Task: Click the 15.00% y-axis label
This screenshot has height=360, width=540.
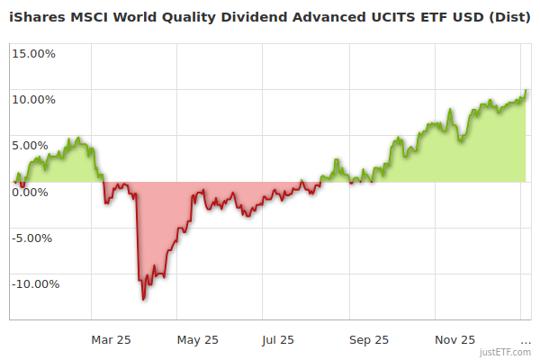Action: coord(33,53)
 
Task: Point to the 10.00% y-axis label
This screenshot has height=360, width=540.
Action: coord(33,99)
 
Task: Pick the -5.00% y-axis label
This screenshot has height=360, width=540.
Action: coord(34,238)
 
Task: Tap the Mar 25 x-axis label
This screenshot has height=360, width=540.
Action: coord(112,339)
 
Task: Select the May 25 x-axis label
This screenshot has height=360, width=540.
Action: coord(198,339)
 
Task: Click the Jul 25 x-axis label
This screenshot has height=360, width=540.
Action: coord(278,339)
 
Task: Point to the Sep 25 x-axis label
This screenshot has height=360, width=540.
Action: coord(369,339)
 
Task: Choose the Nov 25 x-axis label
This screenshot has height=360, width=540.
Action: coord(455,339)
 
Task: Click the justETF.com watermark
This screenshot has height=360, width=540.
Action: coord(506,352)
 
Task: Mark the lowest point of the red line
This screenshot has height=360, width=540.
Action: coord(143,299)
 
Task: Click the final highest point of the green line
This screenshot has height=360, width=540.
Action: coord(525,90)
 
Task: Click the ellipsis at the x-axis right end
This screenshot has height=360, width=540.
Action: coord(526,339)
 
